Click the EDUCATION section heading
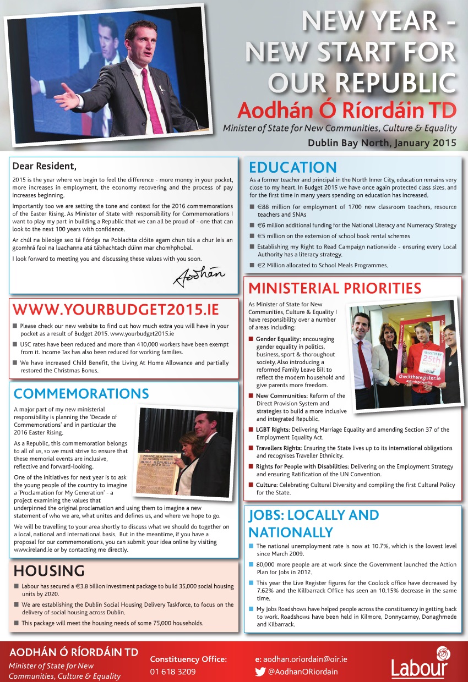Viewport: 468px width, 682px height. (292, 168)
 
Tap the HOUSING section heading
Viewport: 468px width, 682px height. (49, 570)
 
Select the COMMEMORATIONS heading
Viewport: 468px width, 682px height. (81, 394)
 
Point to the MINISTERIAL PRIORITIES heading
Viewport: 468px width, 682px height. (335, 288)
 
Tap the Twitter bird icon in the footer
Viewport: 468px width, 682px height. (260, 671)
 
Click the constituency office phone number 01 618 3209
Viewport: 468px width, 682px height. (173, 672)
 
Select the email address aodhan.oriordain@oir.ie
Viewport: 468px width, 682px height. (305, 659)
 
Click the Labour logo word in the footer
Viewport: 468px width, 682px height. (420, 668)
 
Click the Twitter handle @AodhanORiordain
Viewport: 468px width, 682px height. (303, 671)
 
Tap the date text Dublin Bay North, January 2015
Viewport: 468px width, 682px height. (382, 143)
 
